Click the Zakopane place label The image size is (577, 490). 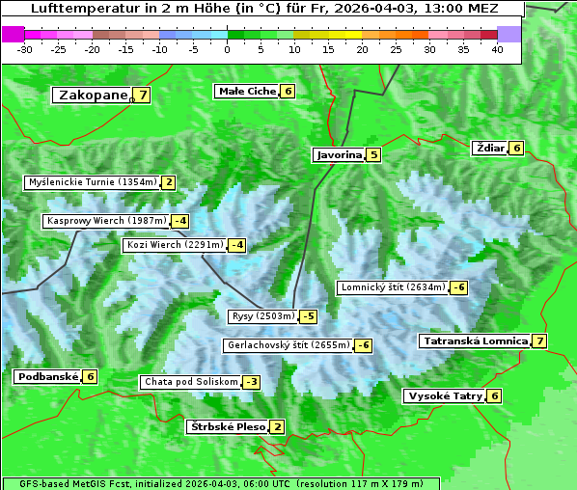[x=93, y=95]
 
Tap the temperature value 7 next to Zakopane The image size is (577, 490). [x=143, y=95]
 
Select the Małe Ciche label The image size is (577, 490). [x=246, y=92]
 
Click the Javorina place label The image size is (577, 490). [x=339, y=154]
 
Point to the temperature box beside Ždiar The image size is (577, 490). [x=516, y=149]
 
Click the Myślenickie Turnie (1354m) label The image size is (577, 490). [x=92, y=182]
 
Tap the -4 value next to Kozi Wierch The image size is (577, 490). [x=236, y=245]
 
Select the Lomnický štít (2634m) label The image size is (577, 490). [x=393, y=287]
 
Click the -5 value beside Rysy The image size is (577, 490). [x=308, y=316]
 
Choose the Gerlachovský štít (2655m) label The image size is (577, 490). [x=287, y=345]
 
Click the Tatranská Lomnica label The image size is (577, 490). [x=476, y=341]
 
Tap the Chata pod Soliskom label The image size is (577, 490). [x=189, y=382]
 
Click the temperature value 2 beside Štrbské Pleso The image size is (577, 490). [x=277, y=427]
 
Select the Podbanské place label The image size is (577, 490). [x=47, y=377]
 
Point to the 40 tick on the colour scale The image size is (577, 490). [x=497, y=49]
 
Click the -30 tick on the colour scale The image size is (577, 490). [x=25, y=49]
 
